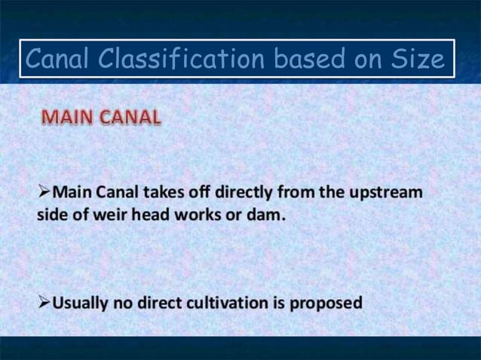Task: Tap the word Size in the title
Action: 418,59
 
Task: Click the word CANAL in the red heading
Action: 129,118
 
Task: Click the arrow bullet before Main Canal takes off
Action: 44,191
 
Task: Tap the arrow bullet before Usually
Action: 44,303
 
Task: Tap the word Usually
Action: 82,303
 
